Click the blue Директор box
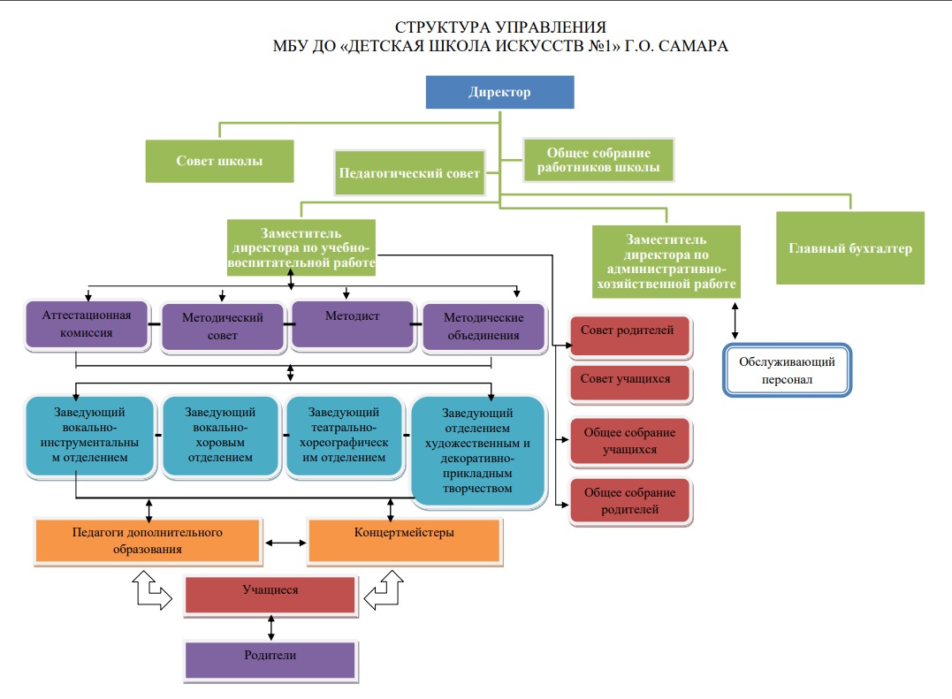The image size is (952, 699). tap(499, 92)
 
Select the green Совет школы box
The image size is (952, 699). tap(219, 161)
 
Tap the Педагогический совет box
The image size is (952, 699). tap(410, 173)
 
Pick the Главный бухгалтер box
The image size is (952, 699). tap(850, 248)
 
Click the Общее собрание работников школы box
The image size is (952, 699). tap(598, 160)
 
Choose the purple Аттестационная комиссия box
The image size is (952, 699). tap(87, 324)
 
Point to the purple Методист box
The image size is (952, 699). tap(353, 324)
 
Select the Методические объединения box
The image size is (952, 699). tap(484, 326)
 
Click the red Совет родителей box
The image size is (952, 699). tap(630, 336)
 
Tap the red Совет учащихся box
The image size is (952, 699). tap(630, 384)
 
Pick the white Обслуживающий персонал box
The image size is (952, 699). tap(788, 370)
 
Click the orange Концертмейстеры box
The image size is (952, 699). tap(404, 541)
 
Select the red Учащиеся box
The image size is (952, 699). tap(270, 596)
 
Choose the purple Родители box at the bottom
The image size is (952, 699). tap(270, 660)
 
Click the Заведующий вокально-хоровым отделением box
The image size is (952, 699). tap(220, 436)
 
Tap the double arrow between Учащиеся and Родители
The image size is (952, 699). tap(270, 628)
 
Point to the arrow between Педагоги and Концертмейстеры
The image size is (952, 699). tap(286, 543)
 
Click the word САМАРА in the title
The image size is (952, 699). tap(693, 46)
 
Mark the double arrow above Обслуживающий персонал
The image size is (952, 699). tap(735, 321)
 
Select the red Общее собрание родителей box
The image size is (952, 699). tap(630, 501)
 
